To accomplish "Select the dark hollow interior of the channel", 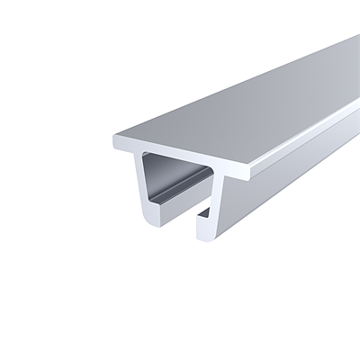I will (x=175, y=184).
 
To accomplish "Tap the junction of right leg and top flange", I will (x=220, y=172).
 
